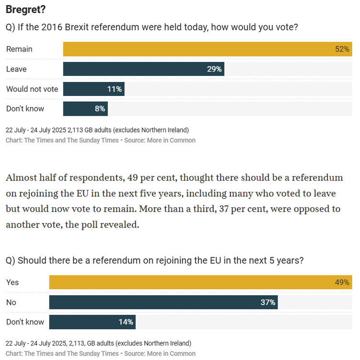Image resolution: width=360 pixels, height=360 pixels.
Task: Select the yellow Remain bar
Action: point(192,49)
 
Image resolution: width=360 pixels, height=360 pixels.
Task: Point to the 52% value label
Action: point(342,49)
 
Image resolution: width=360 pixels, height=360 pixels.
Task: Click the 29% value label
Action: point(214,69)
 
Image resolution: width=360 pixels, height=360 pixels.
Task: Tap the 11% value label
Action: point(115,89)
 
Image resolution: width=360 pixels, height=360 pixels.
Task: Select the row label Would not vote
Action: point(32,89)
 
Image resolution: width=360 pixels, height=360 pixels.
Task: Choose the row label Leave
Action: point(16,69)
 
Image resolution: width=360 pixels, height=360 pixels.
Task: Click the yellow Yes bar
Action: point(192,282)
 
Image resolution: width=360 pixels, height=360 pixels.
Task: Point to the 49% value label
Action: point(342,282)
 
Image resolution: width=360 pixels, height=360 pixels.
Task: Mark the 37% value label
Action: point(268,302)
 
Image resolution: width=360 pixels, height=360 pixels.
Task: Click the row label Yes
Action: point(12,282)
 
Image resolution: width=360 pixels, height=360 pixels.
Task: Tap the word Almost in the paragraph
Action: point(21,178)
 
